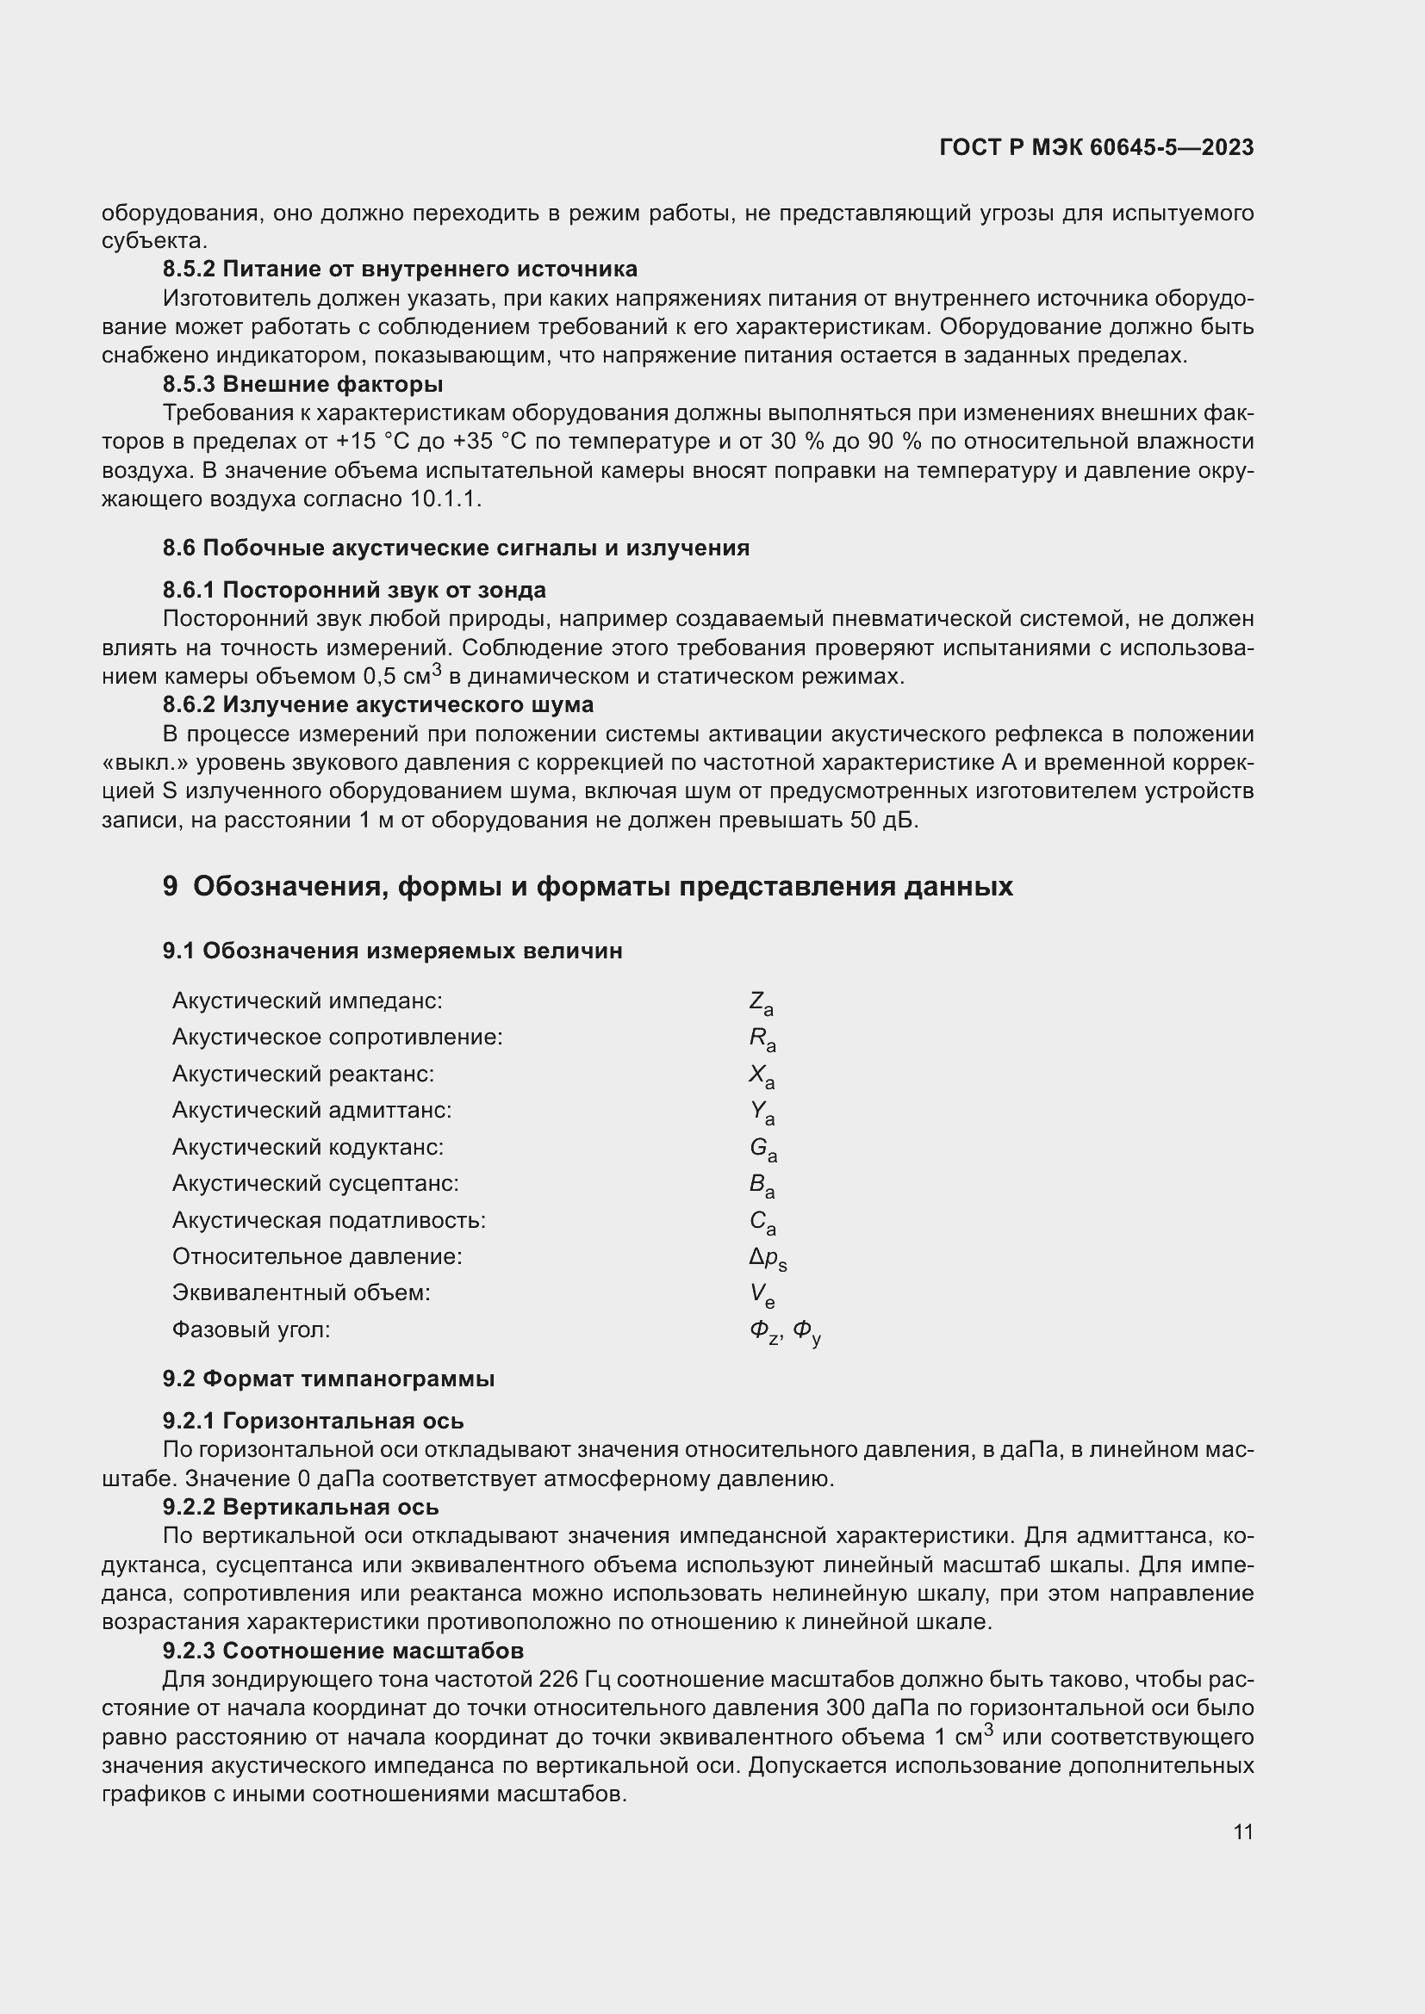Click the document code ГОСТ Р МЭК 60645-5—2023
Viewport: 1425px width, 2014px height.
coord(1096,147)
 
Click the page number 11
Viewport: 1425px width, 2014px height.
coord(1242,1831)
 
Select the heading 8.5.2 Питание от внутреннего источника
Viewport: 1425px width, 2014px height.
coord(399,270)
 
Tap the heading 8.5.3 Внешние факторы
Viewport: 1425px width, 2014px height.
coord(302,384)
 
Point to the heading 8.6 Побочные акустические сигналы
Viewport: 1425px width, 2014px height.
coord(456,548)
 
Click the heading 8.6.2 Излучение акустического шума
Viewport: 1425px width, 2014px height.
coord(377,704)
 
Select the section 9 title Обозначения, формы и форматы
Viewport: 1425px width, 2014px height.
coord(587,887)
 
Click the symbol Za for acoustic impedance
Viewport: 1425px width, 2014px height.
coord(761,1002)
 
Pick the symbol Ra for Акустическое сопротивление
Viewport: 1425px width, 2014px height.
coord(762,1039)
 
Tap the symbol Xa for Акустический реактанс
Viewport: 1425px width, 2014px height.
coord(762,1076)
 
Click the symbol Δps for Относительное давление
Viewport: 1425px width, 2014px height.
coord(768,1259)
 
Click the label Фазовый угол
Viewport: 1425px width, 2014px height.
coord(251,1329)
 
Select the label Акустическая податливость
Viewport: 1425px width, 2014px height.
coord(329,1220)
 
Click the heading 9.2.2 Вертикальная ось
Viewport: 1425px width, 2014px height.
coord(300,1507)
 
